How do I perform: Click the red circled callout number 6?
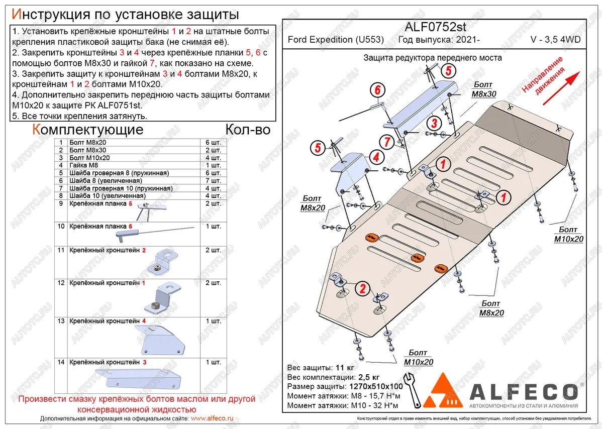click(x=377, y=90)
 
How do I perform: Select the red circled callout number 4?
click(x=376, y=157)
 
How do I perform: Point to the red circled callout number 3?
click(x=434, y=124)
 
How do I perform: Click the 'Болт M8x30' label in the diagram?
click(x=483, y=89)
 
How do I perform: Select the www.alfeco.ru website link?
click(x=212, y=418)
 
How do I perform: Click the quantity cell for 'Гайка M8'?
click(x=213, y=165)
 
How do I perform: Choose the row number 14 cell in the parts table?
click(x=61, y=362)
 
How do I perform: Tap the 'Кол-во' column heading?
click(x=248, y=130)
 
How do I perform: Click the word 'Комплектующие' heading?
click(x=87, y=130)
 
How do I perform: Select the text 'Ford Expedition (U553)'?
click(x=336, y=40)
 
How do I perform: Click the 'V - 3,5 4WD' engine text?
click(x=555, y=40)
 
